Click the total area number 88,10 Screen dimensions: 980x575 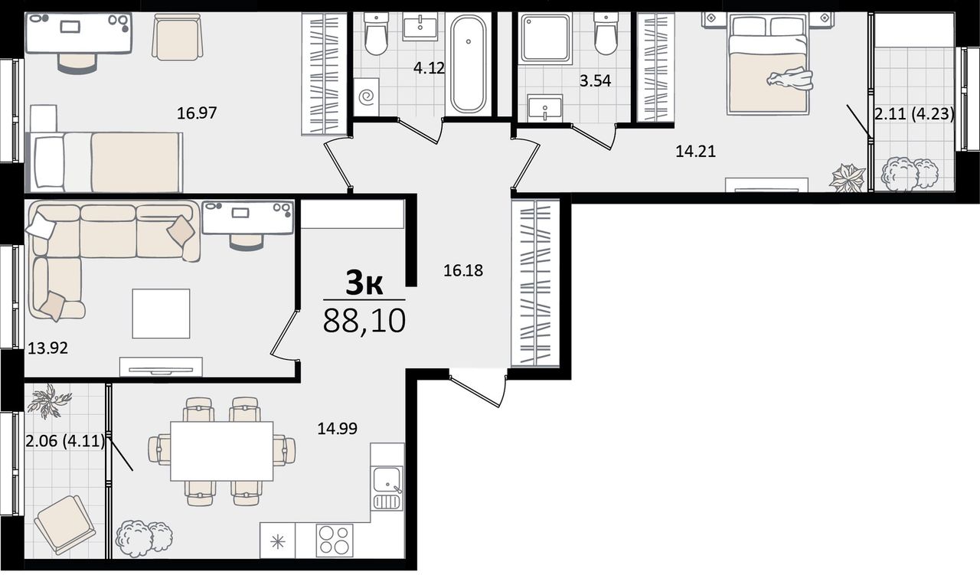[364, 321]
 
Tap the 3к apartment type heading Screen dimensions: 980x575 [364, 283]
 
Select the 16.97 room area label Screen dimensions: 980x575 [197, 113]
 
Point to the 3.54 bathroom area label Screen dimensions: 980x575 [596, 81]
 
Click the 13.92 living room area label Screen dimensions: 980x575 [47, 348]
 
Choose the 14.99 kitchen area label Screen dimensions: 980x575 [338, 429]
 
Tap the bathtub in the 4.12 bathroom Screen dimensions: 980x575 [468, 64]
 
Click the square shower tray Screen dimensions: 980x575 [547, 38]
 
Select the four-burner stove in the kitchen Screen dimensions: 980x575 [335, 541]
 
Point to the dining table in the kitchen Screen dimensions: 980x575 [222, 451]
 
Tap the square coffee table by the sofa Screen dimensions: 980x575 [161, 313]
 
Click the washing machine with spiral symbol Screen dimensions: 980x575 [366, 97]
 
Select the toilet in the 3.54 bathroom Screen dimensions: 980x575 [606, 34]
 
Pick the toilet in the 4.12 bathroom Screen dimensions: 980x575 [376, 34]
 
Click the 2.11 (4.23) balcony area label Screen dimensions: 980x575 [914, 114]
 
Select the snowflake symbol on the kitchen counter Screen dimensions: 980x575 [278, 542]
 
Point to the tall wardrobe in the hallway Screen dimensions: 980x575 [535, 283]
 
